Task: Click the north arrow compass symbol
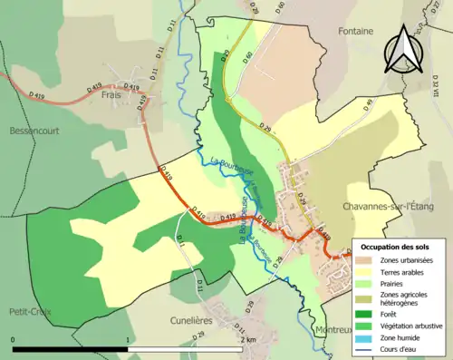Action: [403, 49]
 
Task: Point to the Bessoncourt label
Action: [34, 131]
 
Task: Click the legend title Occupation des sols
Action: [395, 247]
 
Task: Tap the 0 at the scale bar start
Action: [13, 339]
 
